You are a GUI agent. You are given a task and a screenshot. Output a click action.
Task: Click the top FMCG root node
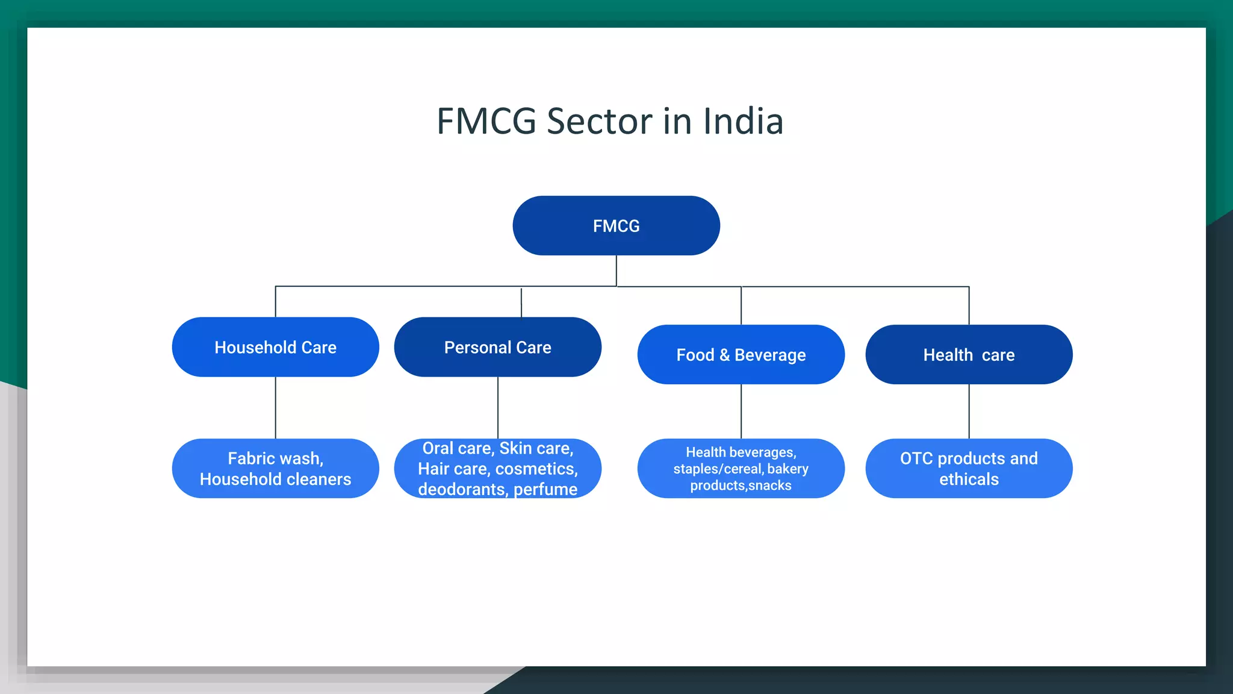point(616,226)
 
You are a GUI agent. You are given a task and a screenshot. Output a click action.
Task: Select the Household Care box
point(275,348)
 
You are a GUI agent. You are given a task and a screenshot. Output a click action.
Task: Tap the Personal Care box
point(497,348)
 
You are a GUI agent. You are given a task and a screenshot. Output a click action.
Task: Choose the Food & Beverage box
point(741,355)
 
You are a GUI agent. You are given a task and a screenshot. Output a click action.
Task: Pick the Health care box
point(969,355)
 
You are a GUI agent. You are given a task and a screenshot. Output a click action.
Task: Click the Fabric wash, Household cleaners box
point(275,469)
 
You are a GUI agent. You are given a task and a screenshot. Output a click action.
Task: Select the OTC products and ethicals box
point(969,469)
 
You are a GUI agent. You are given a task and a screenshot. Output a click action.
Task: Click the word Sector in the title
point(599,122)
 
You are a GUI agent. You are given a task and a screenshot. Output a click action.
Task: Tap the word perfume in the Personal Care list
point(545,489)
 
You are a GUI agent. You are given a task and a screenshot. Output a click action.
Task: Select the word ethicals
point(969,480)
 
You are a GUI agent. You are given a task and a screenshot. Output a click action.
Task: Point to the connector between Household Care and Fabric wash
point(276,408)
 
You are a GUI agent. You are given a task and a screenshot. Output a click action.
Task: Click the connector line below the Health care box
point(969,411)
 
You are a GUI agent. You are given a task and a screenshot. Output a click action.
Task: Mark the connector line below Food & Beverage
point(741,411)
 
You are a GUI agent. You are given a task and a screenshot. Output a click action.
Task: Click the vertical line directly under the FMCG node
point(616,270)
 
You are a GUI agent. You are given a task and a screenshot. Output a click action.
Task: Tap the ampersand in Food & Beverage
point(724,355)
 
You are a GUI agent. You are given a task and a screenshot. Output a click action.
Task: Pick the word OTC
point(916,458)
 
